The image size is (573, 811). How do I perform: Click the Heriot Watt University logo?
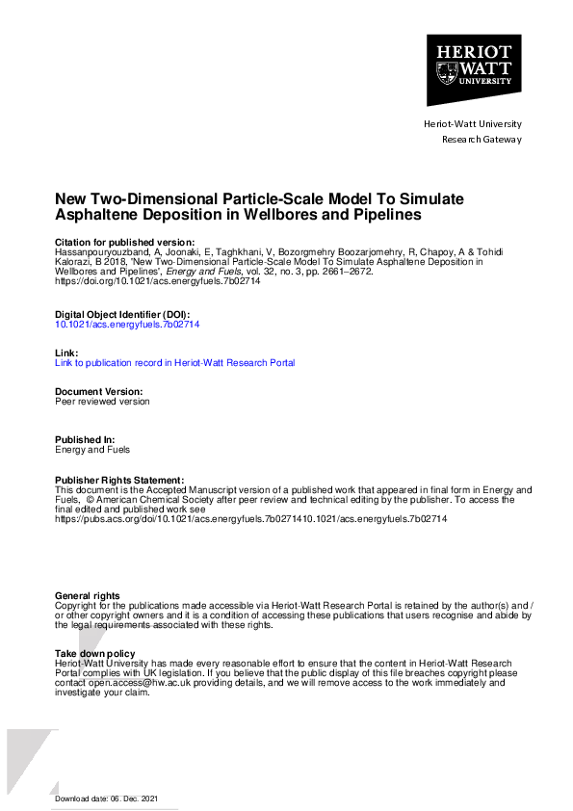click(473, 70)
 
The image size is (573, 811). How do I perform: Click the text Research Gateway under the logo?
click(481, 139)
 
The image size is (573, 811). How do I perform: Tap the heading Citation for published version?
click(124, 242)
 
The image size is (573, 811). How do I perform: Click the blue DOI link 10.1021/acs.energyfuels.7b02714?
click(127, 325)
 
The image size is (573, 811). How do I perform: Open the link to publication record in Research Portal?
click(174, 363)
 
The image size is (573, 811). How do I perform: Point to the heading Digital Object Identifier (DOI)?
click(121, 315)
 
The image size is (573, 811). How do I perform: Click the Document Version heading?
click(98, 392)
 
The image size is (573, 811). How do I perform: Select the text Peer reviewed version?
click(102, 402)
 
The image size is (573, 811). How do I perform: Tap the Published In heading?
click(86, 440)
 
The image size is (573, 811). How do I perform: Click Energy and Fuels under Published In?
click(92, 450)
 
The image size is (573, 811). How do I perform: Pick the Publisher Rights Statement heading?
click(118, 480)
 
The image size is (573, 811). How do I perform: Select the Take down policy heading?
click(94, 654)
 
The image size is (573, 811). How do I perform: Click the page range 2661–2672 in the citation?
click(347, 272)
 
